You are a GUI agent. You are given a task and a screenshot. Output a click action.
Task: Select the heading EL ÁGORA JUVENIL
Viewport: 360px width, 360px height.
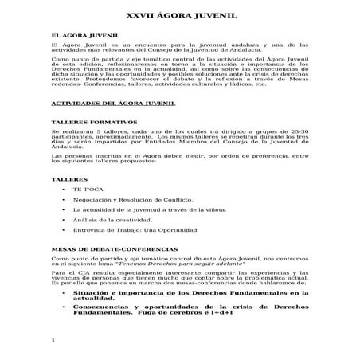(x=84, y=37)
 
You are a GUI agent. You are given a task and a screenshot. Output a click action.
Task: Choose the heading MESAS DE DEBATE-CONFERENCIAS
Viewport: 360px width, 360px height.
(x=109, y=248)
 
